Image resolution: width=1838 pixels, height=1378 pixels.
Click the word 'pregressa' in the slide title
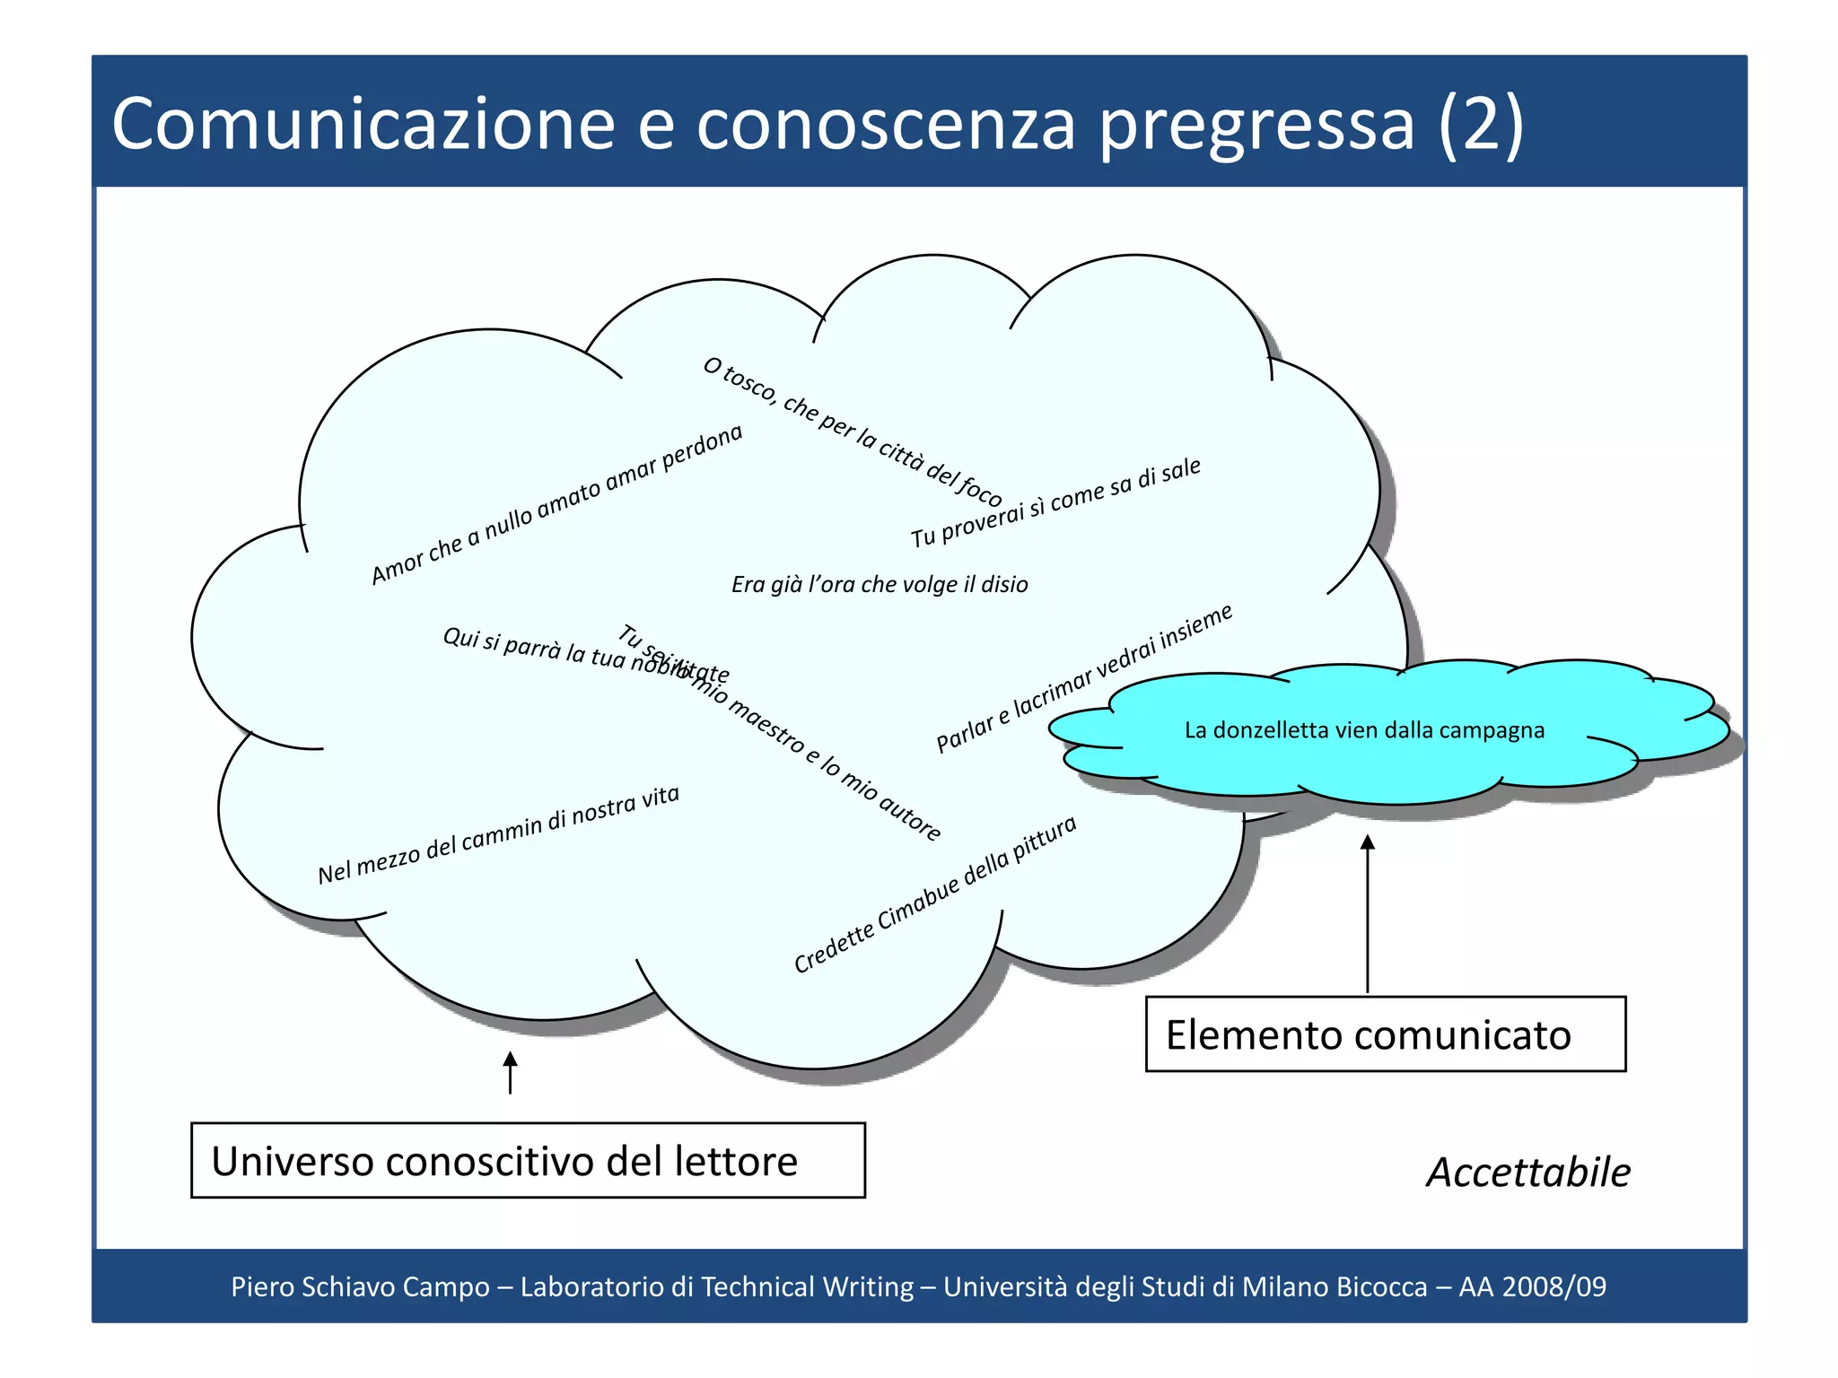1256,126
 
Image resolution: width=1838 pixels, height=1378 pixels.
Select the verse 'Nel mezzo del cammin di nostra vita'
499,835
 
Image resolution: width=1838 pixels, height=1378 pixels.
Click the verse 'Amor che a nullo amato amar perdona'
557,503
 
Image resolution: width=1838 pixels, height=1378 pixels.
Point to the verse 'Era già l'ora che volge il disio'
880,585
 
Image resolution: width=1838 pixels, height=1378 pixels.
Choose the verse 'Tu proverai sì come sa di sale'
1055,502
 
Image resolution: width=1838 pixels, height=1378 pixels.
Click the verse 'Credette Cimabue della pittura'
935,894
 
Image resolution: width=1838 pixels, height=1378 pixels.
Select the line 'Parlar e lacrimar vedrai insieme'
1084,678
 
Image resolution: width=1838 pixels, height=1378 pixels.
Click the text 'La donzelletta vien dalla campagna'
1364,730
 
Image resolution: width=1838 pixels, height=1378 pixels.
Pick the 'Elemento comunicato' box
1385,1034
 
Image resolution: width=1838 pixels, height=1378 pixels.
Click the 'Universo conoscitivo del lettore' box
528,1160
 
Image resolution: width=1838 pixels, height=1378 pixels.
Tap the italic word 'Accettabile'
1528,1173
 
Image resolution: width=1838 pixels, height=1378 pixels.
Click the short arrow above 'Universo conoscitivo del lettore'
510,1073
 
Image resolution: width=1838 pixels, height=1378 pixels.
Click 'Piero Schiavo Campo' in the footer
360,1286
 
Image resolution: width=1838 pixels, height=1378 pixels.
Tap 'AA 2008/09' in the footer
1532,1286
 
